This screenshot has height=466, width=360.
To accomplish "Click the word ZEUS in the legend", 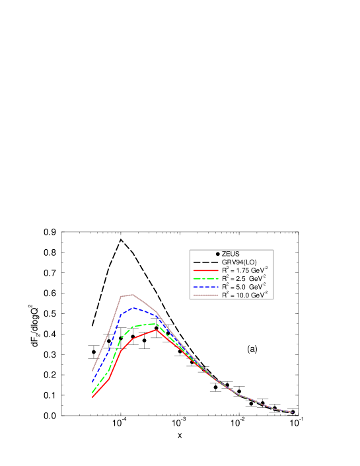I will [x=231, y=254].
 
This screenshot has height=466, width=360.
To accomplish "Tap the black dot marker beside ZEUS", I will [x=217, y=254].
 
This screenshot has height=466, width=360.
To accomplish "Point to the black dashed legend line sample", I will [x=205, y=262].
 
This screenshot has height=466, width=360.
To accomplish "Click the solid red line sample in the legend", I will [x=205, y=270].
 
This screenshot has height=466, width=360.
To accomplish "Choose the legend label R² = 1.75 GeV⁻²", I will [x=244, y=270].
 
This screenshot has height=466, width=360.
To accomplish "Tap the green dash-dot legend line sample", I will [x=205, y=278].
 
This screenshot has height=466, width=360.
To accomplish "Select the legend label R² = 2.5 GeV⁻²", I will [x=244, y=278].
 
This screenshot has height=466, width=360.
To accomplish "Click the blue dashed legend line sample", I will [x=205, y=287].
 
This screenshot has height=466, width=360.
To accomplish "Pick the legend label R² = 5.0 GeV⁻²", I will [x=244, y=287].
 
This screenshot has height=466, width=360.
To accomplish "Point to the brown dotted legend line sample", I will [x=205, y=295].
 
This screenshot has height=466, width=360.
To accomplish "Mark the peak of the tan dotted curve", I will [x=133, y=294].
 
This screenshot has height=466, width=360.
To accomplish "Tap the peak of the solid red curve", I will [x=157, y=330].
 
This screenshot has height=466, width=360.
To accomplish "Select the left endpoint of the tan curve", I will [x=92, y=371].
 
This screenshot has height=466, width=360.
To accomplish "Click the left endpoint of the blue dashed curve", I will [x=92, y=382].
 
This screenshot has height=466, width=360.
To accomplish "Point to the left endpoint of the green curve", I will [x=92, y=393].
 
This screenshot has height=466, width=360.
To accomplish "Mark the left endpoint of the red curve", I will [x=92, y=397].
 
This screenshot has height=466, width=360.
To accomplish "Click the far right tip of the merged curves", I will [x=292, y=412].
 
